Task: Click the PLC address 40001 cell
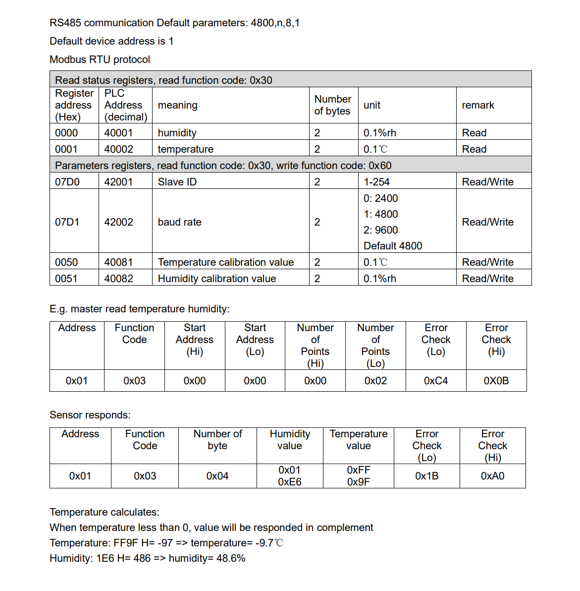(x=118, y=133)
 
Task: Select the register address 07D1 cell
(x=67, y=222)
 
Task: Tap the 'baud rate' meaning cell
(x=179, y=222)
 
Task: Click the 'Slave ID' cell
(x=177, y=182)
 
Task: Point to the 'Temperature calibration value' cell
(x=225, y=262)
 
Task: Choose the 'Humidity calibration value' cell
(x=216, y=279)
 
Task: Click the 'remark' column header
(x=478, y=105)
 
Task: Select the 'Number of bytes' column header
(x=332, y=105)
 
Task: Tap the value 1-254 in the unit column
(x=376, y=182)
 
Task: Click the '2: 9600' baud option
(x=380, y=230)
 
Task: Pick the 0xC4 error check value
(x=436, y=381)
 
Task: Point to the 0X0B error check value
(x=496, y=381)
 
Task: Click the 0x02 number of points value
(x=375, y=381)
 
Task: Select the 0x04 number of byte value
(x=217, y=476)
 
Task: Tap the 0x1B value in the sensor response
(x=426, y=476)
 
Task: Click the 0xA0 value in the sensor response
(x=492, y=476)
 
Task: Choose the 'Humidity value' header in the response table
(x=290, y=440)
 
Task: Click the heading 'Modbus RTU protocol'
(x=100, y=59)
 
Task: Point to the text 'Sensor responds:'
(x=90, y=415)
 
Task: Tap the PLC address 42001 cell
(x=118, y=182)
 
